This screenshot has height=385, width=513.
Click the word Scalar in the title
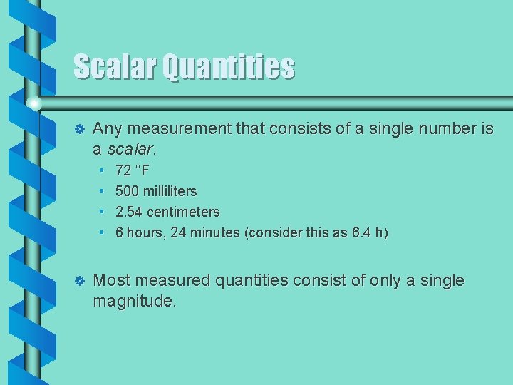tap(115, 67)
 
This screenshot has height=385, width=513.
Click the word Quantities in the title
tap(228, 67)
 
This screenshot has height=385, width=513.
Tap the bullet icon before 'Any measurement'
tap(80, 129)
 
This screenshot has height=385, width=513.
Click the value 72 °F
tap(133, 171)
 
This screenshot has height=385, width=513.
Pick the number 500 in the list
tap(127, 192)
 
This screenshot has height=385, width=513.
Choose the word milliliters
tap(170, 192)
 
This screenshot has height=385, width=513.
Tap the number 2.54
tap(129, 212)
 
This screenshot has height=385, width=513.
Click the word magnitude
tap(133, 302)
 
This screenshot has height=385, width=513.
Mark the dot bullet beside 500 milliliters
tap(103, 192)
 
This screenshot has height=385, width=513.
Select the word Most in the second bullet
tap(111, 281)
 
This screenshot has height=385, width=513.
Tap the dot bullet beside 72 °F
tap(103, 171)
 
